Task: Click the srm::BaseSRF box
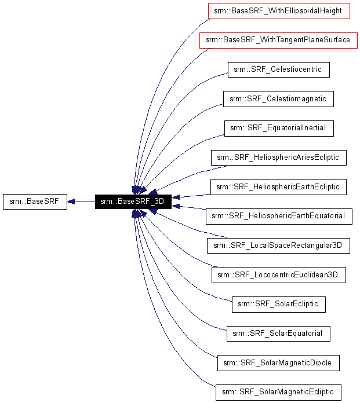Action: pos(35,201)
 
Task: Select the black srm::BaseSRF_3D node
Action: pos(132,201)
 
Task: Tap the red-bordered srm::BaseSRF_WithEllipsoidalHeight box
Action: pos(279,10)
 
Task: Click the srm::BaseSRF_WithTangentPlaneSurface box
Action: pos(278,40)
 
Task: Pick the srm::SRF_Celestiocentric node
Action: pos(278,69)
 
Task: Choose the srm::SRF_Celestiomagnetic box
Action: pos(278,99)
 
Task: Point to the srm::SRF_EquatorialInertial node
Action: pos(279,128)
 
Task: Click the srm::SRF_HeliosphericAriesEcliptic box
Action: pos(279,157)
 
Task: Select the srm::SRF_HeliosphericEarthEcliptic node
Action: pos(279,187)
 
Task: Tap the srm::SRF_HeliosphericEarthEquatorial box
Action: pos(279,217)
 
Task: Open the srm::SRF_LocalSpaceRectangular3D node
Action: pos(278,246)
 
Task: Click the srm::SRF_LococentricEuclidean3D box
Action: pos(279,275)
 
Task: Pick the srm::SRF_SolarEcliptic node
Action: pos(278,305)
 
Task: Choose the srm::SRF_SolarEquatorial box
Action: pos(278,334)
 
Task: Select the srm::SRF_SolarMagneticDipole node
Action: pos(278,363)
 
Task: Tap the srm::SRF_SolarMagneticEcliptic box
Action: pos(278,393)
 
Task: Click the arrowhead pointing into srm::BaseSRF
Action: pos(71,201)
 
